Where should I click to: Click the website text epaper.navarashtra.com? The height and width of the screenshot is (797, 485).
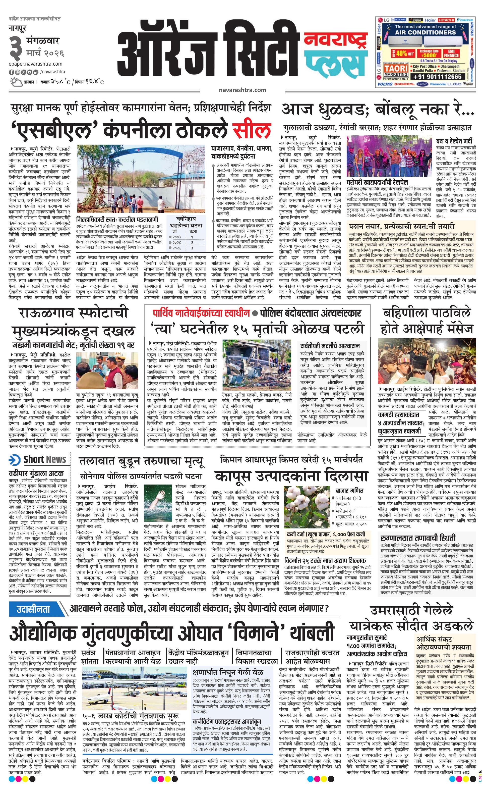[36, 64]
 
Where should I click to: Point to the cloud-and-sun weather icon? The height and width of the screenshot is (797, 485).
[15, 82]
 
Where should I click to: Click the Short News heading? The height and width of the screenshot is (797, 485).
[38, 460]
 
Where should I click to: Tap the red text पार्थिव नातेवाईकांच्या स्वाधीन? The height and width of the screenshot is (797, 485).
[201, 313]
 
